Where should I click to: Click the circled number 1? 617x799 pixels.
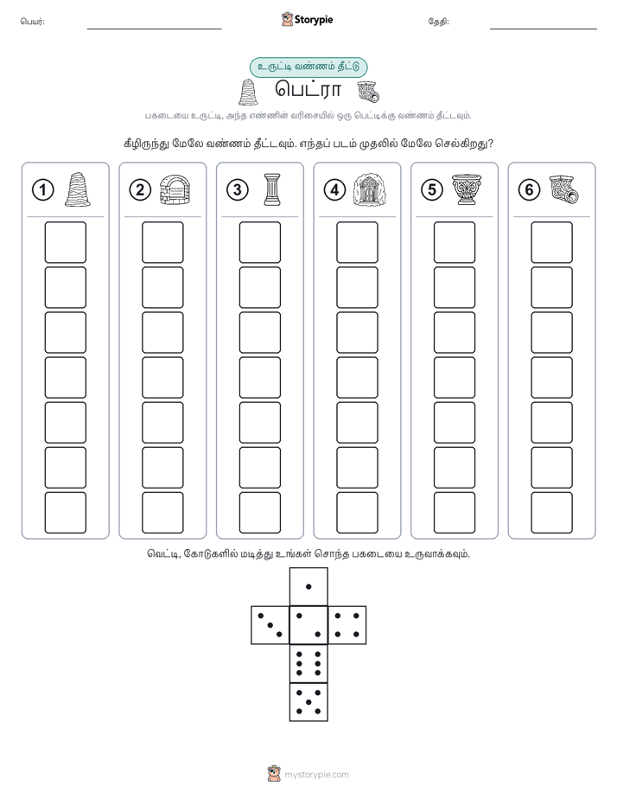point(42,190)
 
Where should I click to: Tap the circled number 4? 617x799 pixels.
point(334,190)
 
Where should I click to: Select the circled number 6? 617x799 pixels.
point(529,190)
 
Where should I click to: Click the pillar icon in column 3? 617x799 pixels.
point(272,189)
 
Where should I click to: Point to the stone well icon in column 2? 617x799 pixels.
point(175,189)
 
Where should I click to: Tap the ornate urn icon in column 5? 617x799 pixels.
point(467,189)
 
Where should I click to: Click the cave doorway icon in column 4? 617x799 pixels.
point(369,189)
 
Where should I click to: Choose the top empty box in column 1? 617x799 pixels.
point(65,242)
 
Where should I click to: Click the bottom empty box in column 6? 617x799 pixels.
point(552,513)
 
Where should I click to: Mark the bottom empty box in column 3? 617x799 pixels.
point(259,513)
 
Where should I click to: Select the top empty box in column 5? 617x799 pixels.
point(455,242)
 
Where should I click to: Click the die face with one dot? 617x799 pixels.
point(308,586)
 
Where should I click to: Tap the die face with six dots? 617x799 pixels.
point(308,663)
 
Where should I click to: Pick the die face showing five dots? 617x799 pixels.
point(308,702)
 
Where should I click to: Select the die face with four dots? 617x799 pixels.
point(347,625)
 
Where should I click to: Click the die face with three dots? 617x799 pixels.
point(270,625)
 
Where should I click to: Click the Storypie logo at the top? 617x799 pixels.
point(307,20)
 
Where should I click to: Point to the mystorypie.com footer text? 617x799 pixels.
point(316,775)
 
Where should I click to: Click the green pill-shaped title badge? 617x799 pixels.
point(308,67)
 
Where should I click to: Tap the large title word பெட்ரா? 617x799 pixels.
point(308,90)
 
